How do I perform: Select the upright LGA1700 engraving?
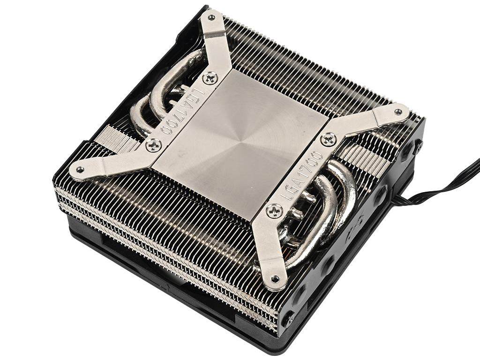click(x=301, y=176)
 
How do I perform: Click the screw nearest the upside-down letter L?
click(x=210, y=78)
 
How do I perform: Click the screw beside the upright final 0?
click(x=329, y=140)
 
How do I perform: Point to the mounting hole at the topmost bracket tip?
click(x=211, y=17)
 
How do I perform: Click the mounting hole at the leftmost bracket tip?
click(x=80, y=169)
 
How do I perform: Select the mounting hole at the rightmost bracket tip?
click(x=398, y=112)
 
